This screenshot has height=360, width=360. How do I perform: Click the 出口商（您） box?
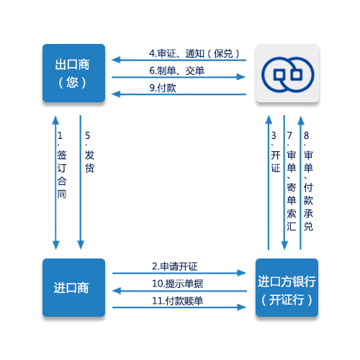coord(73,73)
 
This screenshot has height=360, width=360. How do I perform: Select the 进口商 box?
coord(73,287)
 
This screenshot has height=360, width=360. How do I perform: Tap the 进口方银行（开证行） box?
coord(287,287)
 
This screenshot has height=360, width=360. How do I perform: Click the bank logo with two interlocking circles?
coord(287,74)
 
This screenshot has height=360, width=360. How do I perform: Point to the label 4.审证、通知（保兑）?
coord(194,53)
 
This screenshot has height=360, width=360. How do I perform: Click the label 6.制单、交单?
coord(177,71)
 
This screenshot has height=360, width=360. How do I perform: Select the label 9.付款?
coord(163,88)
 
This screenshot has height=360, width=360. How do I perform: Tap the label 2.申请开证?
coord(175,266)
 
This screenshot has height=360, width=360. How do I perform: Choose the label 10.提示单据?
coord(178,284)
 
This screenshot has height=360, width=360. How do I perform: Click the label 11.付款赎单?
coord(178,301)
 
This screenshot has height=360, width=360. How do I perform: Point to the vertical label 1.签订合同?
coord(61,165)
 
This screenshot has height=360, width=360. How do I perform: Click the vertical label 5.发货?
coord(89,152)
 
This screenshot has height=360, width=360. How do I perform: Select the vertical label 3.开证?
coord(275,152)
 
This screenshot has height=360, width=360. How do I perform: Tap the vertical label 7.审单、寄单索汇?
coord(291,181)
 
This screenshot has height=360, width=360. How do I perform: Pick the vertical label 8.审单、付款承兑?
coord(308,181)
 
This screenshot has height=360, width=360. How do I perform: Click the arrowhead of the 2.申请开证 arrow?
coord(241,273)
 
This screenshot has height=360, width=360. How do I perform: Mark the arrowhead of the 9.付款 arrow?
coord(116,94)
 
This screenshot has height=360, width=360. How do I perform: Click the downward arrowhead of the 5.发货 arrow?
coord(81,245)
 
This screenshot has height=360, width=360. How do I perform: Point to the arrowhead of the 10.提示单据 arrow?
coord(117,291)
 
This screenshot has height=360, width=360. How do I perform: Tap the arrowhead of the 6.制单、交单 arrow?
coord(240,77)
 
